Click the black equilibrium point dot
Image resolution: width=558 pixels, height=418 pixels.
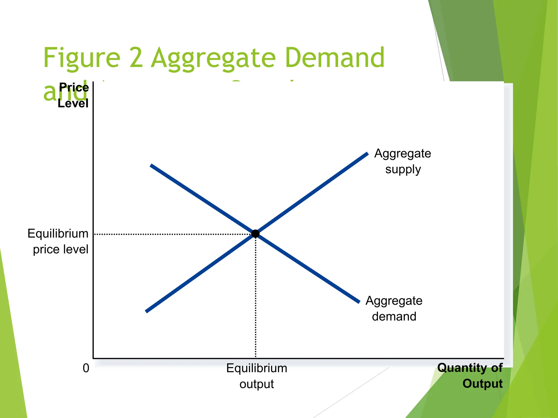click(255, 233)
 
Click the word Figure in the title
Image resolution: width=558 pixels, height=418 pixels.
click(81, 58)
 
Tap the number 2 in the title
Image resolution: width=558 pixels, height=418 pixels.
click(136, 58)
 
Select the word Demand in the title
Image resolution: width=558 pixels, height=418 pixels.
click(335, 58)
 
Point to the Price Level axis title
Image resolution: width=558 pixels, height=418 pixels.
click(73, 95)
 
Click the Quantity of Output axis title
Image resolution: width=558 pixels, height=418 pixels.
click(470, 376)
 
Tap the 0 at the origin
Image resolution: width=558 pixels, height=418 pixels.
click(86, 368)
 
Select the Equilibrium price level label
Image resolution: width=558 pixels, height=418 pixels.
click(58, 241)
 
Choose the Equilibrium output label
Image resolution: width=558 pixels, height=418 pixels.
click(257, 376)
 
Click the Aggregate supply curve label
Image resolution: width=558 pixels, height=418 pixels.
click(403, 161)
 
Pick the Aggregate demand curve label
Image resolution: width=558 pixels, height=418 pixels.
click(394, 308)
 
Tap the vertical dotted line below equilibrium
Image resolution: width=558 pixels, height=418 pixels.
click(256, 297)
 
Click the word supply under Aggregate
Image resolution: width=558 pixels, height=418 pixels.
click(403, 169)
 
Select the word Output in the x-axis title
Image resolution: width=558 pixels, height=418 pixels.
click(483, 383)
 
